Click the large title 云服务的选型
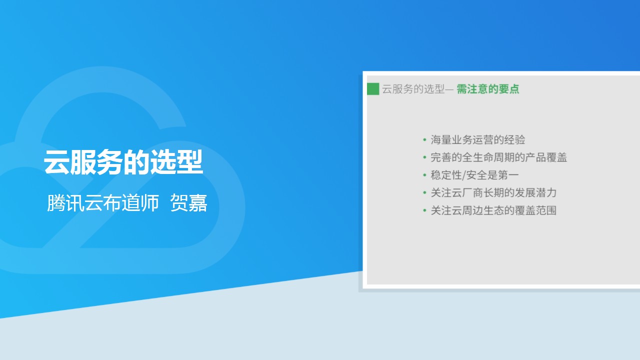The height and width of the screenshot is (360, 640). pos(123,162)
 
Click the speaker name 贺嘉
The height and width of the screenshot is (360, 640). pos(188,203)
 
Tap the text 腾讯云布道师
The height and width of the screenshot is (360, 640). pos(103,203)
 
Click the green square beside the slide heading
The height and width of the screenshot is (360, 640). pos(373,89)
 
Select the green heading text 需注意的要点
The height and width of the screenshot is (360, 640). pos(487,89)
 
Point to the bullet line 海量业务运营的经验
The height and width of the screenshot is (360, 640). pos(477,139)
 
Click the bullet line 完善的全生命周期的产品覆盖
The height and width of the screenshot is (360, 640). pos(498,157)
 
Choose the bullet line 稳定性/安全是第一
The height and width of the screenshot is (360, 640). pos(474,175)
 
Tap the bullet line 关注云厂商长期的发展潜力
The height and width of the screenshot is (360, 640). pos(493,193)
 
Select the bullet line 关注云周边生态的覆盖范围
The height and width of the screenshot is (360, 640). pos(493,210)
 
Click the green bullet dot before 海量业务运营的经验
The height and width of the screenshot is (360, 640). pos(424,139)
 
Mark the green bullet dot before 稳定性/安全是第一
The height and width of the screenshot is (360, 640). pos(424,175)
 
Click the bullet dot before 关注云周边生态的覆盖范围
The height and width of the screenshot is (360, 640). pos(424,210)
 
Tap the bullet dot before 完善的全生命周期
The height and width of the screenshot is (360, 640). pos(424,157)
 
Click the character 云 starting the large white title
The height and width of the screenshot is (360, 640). pos(56,162)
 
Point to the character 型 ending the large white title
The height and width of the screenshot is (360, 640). pos(190,162)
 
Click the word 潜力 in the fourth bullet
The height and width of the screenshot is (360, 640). pos(546,193)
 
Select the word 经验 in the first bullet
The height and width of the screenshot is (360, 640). pos(515,139)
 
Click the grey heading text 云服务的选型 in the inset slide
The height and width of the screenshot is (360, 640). pos(413,89)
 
